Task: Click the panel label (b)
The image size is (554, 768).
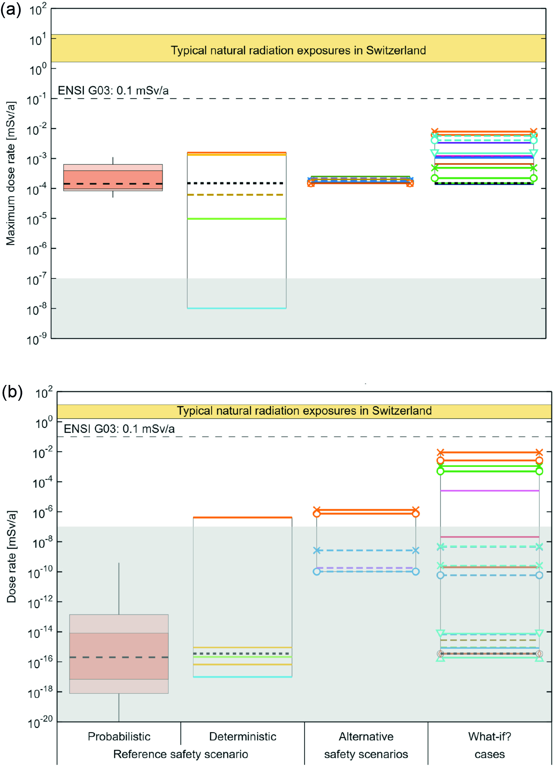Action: (12, 392)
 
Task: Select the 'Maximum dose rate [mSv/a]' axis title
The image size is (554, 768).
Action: (11, 173)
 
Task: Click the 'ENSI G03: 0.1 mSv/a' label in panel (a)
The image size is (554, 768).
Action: (113, 91)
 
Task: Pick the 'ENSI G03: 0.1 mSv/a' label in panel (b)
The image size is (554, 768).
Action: (119, 429)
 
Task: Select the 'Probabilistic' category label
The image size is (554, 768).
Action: (119, 736)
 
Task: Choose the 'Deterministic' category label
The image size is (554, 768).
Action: (243, 736)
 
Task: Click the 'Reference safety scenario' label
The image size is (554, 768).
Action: (181, 754)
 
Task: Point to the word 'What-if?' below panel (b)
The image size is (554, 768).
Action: (489, 736)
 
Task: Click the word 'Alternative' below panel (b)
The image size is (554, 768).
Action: (366, 736)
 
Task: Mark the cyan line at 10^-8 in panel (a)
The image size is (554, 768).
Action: (237, 308)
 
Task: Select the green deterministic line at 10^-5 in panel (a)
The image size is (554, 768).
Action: (237, 219)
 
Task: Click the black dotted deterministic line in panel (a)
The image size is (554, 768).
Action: (237, 183)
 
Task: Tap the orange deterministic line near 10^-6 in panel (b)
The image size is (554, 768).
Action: (243, 517)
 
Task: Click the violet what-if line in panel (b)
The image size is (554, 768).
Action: (490, 491)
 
